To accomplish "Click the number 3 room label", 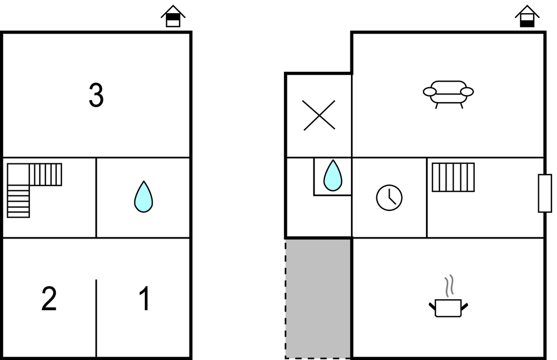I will (x=96, y=96).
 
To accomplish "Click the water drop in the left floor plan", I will (x=144, y=197).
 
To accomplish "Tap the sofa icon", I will (x=448, y=93).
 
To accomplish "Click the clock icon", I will (x=389, y=197).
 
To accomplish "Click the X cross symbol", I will (x=319, y=115).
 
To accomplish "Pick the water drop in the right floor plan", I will (x=332, y=176).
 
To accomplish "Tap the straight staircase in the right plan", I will (x=453, y=177).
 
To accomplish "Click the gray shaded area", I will (x=318, y=298).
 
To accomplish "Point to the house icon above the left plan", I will (x=173, y=17).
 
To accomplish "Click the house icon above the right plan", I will (x=527, y=17).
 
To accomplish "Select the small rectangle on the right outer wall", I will (x=545, y=193).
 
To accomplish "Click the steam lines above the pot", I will (x=449, y=285).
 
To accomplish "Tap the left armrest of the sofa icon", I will (x=429, y=92).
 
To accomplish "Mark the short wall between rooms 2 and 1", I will (x=96, y=317).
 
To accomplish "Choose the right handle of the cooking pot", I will (x=464, y=305).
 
